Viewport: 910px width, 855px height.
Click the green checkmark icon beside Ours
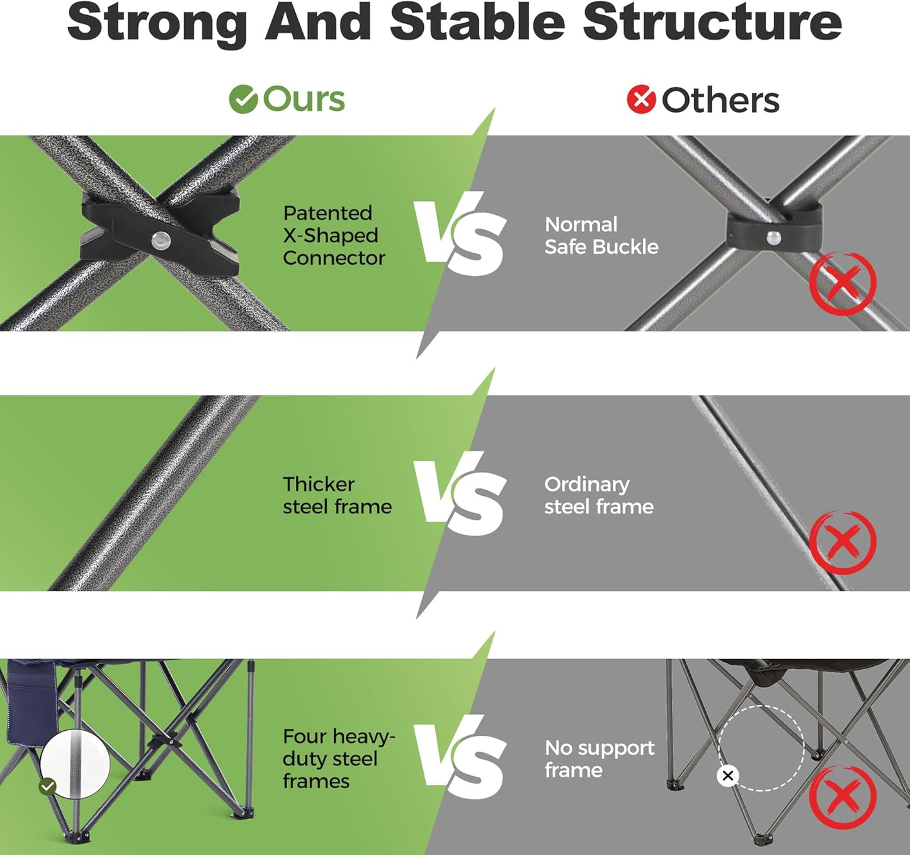click(243, 99)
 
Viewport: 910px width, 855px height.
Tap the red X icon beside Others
click(641, 99)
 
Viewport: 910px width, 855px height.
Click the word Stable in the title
click(477, 23)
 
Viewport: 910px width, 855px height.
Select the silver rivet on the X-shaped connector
click(161, 239)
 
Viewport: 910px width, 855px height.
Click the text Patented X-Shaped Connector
click(334, 235)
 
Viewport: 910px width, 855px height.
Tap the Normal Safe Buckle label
click(601, 236)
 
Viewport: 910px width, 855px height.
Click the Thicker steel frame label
click(338, 495)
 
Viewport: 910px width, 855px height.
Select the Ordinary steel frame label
click(599, 495)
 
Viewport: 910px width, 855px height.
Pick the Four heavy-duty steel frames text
click(339, 759)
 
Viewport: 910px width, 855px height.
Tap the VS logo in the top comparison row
click(460, 234)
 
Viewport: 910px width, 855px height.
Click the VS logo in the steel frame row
click(460, 494)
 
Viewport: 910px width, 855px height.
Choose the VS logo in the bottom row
click(460, 757)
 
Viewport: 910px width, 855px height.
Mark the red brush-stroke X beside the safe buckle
click(843, 283)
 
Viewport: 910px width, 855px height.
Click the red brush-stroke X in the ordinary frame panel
click(843, 542)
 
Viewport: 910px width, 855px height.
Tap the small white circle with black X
click(727, 776)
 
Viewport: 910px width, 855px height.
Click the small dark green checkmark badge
click(48, 786)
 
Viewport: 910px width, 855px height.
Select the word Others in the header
click(720, 100)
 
